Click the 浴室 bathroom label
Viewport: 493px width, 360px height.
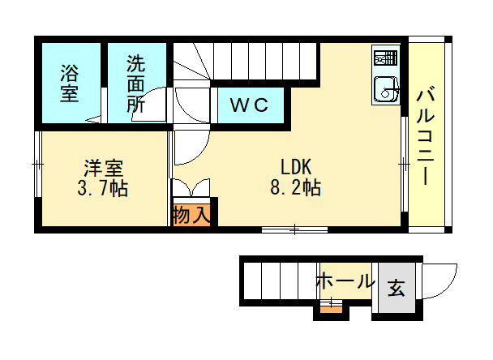click(70, 83)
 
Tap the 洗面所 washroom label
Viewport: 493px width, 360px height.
click(136, 84)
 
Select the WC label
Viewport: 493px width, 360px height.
click(249, 105)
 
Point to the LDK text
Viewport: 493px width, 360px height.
click(296, 167)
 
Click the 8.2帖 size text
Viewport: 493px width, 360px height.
click(295, 188)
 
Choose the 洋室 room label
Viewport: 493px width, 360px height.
click(104, 168)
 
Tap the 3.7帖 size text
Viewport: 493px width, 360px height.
click(102, 189)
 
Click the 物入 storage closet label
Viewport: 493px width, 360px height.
click(191, 216)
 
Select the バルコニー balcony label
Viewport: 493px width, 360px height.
click(426, 137)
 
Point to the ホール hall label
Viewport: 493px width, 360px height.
click(345, 281)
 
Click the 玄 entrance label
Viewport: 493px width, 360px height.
click(397, 288)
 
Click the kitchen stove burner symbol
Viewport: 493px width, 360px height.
click(386, 58)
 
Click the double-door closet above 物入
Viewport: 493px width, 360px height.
click(191, 188)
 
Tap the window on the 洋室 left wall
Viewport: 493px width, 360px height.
click(38, 164)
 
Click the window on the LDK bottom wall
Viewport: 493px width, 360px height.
click(294, 229)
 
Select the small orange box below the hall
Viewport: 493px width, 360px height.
click(331, 310)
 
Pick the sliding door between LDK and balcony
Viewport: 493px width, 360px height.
click(405, 164)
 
